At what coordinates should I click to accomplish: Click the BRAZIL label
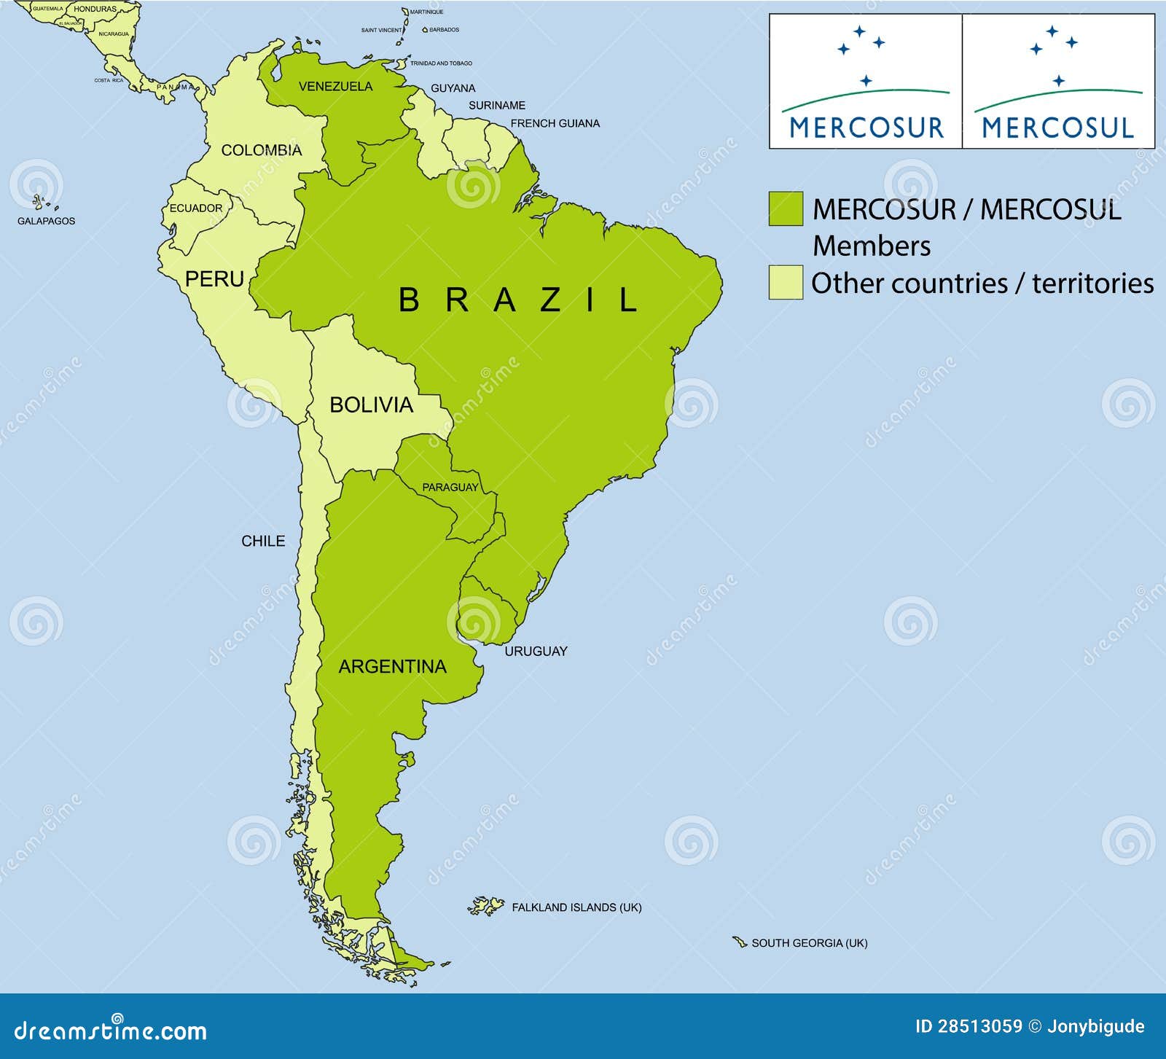pyautogui.click(x=518, y=300)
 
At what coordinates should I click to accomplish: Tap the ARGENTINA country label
pyautogui.click(x=392, y=666)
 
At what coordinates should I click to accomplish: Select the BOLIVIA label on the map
pyautogui.click(x=371, y=405)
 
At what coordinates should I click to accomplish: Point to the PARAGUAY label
pyautogui.click(x=450, y=487)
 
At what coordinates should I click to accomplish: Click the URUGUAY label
pyautogui.click(x=536, y=651)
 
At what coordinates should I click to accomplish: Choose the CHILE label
pyautogui.click(x=263, y=541)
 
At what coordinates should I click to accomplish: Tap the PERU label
pyautogui.click(x=214, y=278)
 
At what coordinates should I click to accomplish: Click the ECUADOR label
pyautogui.click(x=196, y=208)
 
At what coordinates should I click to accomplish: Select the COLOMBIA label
pyautogui.click(x=261, y=150)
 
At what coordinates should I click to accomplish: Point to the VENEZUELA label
pyautogui.click(x=335, y=86)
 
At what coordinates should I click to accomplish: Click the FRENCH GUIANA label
pyautogui.click(x=555, y=123)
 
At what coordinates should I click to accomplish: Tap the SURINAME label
pyautogui.click(x=496, y=105)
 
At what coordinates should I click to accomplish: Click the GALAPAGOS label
pyautogui.click(x=46, y=220)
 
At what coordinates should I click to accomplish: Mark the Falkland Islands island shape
pyautogui.click(x=486, y=906)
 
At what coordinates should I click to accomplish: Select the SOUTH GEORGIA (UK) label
pyautogui.click(x=809, y=942)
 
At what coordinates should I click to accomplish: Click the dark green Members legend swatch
pyautogui.click(x=786, y=208)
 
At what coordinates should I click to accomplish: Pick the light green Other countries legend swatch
pyautogui.click(x=786, y=282)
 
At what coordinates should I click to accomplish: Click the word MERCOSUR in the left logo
pyautogui.click(x=866, y=128)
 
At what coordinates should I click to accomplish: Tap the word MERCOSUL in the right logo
pyautogui.click(x=1058, y=128)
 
